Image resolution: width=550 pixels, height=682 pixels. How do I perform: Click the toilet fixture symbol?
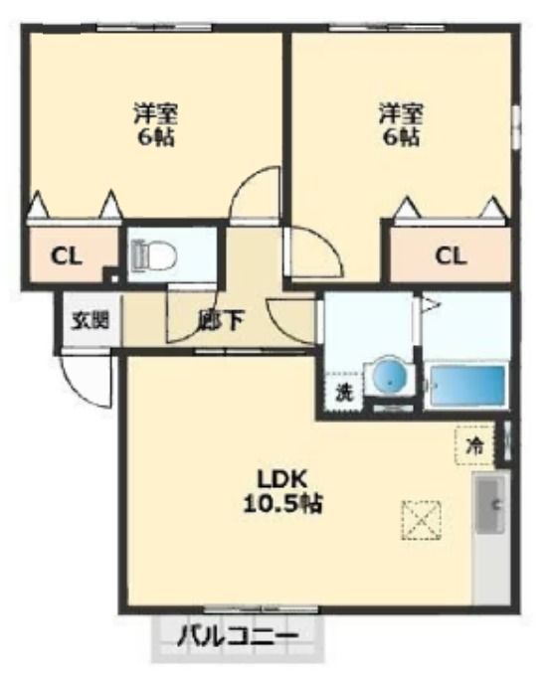point(154,256)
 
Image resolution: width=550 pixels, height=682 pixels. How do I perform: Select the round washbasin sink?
point(389,376)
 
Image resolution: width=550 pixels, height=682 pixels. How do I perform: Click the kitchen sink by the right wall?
point(490,505)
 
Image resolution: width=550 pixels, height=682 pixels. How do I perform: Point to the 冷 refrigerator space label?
point(474,445)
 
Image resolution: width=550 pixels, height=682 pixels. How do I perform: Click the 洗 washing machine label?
point(344,394)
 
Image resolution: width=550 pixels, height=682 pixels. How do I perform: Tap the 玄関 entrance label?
point(91,321)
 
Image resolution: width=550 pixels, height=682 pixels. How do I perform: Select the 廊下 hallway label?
point(220,320)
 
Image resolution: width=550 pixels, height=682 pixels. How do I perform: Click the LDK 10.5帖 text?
point(282,492)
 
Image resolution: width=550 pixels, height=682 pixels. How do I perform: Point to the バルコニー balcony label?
point(238,636)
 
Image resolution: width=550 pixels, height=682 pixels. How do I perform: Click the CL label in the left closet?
point(66,257)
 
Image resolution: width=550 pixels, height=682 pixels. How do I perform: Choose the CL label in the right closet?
point(451,256)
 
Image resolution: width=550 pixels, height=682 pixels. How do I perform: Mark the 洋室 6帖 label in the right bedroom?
point(401,125)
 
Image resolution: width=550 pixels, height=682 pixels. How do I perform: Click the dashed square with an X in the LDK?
point(421,520)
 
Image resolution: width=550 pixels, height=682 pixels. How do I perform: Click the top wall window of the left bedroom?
point(154,29)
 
